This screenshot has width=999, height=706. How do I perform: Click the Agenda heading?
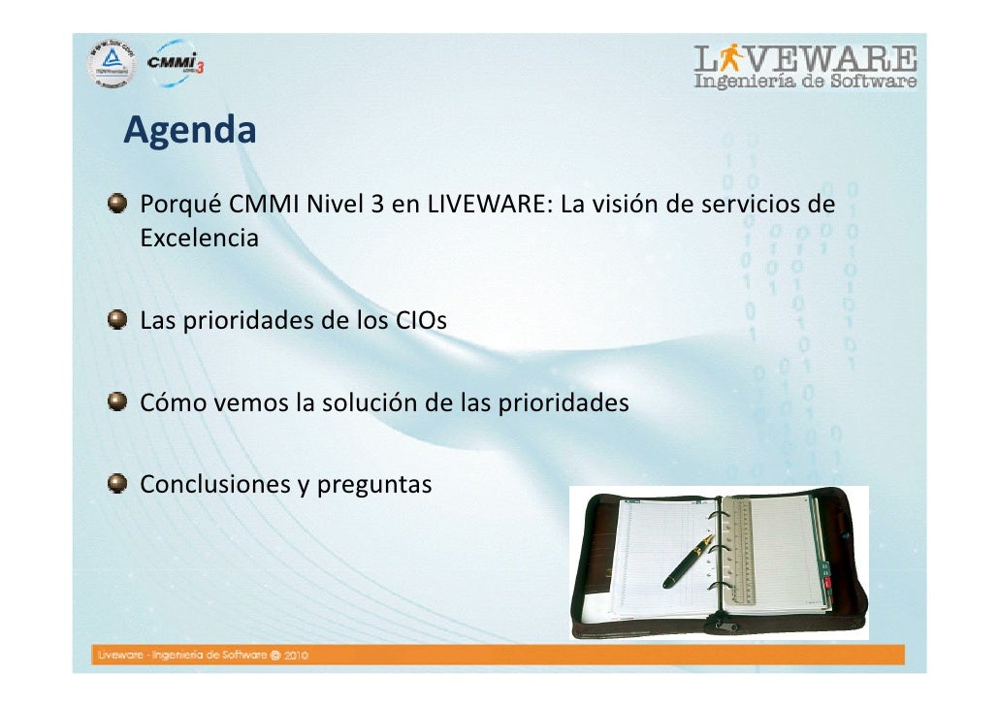pyautogui.click(x=190, y=130)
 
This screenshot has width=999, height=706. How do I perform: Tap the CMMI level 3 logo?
pyautogui.click(x=175, y=64)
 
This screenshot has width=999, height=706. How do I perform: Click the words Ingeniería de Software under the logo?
pyautogui.click(x=805, y=82)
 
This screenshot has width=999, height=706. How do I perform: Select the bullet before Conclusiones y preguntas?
pyautogui.click(x=117, y=483)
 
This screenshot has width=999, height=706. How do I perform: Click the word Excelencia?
pyautogui.click(x=200, y=238)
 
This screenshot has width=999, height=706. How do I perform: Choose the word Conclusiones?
pyautogui.click(x=212, y=484)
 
